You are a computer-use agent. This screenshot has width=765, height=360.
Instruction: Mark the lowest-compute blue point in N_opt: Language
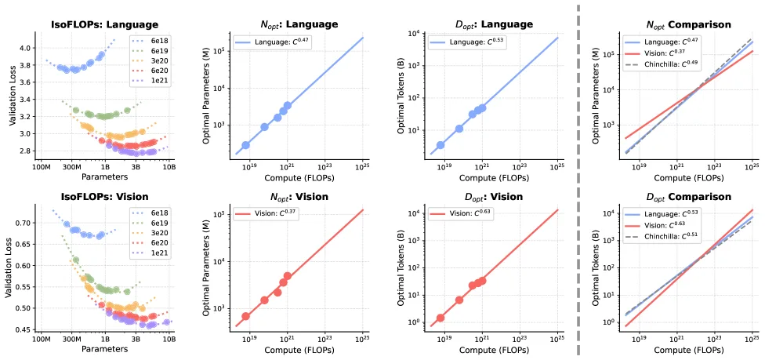245,145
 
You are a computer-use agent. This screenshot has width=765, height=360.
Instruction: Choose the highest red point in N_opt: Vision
288,276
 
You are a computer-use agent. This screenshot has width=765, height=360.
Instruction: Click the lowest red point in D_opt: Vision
441,318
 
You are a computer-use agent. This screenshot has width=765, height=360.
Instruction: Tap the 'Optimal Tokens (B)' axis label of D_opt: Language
402,92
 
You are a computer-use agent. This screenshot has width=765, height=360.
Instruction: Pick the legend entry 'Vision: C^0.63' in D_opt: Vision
466,213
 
